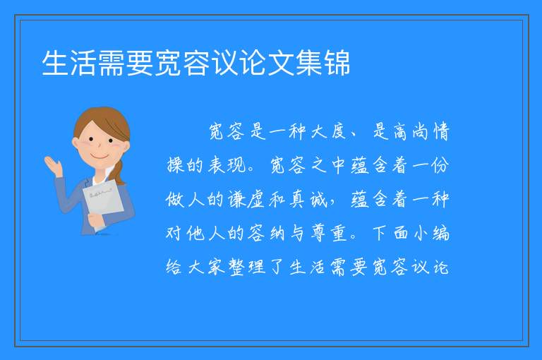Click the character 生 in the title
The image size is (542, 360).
pyautogui.click(x=55, y=63)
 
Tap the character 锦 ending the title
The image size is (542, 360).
pyautogui.click(x=337, y=63)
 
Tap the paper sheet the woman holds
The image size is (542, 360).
pyautogui.click(x=103, y=203)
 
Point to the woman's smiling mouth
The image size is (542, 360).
pyautogui.click(x=100, y=157)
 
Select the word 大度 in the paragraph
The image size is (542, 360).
pyautogui.click(x=328, y=131)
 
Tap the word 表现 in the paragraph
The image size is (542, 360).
pyautogui.click(x=227, y=165)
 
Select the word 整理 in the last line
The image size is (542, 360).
pyautogui.click(x=247, y=267)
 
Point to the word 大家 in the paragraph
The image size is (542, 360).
pyautogui.click(x=206, y=267)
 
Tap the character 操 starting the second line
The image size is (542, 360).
pyautogui.click(x=175, y=165)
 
